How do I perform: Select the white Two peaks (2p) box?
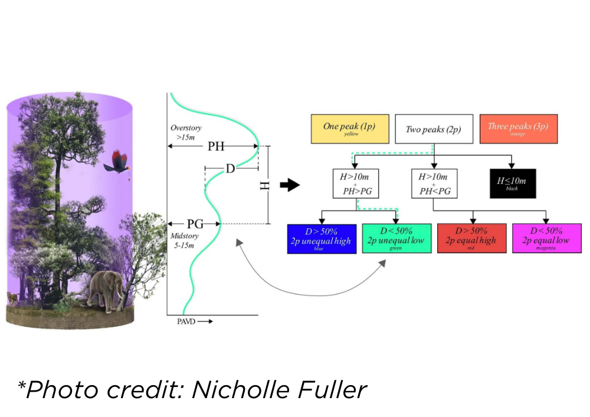tap(433, 129)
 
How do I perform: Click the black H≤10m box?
tap(512, 183)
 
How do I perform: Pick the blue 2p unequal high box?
tap(322, 238)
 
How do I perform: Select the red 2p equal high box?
tap(471, 238)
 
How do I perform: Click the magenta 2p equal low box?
tap(547, 238)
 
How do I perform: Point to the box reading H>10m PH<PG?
tap(433, 183)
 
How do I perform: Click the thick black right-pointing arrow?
tap(290, 185)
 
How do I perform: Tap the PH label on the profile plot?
tap(216, 146)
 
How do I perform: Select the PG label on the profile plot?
tap(195, 224)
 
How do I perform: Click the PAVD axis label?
tap(186, 322)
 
